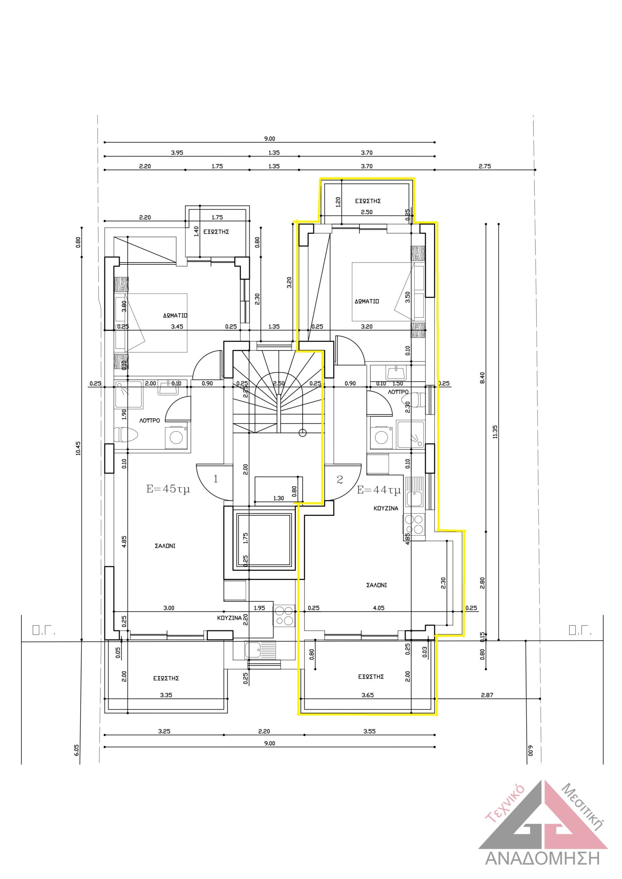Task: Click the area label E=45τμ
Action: [168, 489]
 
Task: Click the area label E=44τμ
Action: [378, 490]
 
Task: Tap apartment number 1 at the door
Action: [216, 479]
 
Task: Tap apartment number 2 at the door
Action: [340, 479]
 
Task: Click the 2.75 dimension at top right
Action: [485, 166]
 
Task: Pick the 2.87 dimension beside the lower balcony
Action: [487, 695]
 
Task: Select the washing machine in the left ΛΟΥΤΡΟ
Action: [176, 437]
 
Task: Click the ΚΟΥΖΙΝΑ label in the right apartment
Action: [386, 509]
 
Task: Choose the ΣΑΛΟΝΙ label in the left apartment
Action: [165, 546]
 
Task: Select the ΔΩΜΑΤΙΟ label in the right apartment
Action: [366, 301]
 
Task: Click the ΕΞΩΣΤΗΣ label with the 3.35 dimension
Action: [166, 678]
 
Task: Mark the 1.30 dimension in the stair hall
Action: [279, 498]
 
